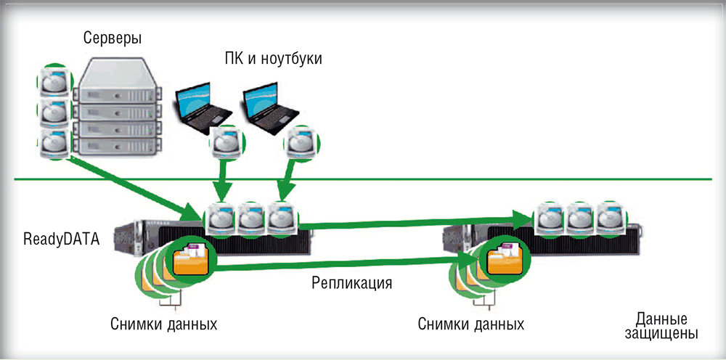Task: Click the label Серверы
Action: (112, 36)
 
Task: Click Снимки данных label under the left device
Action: (165, 323)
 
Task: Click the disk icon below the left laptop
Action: (224, 144)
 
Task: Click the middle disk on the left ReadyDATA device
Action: (250, 217)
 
